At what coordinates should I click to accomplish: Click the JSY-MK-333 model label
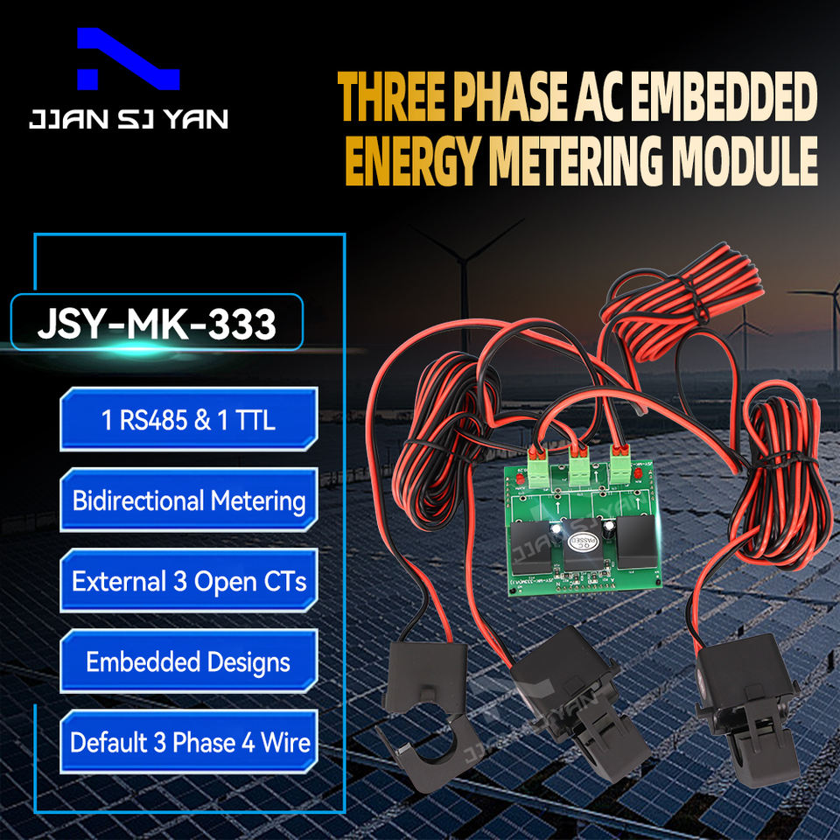pos(157,324)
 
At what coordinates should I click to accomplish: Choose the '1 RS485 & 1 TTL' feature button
pos(188,421)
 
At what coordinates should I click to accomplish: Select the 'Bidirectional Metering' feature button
pos(188,501)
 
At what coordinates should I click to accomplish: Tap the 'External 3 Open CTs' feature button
pos(188,582)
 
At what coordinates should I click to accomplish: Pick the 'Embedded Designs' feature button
pos(188,662)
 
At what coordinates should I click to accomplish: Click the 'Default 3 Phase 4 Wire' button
pos(188,744)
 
